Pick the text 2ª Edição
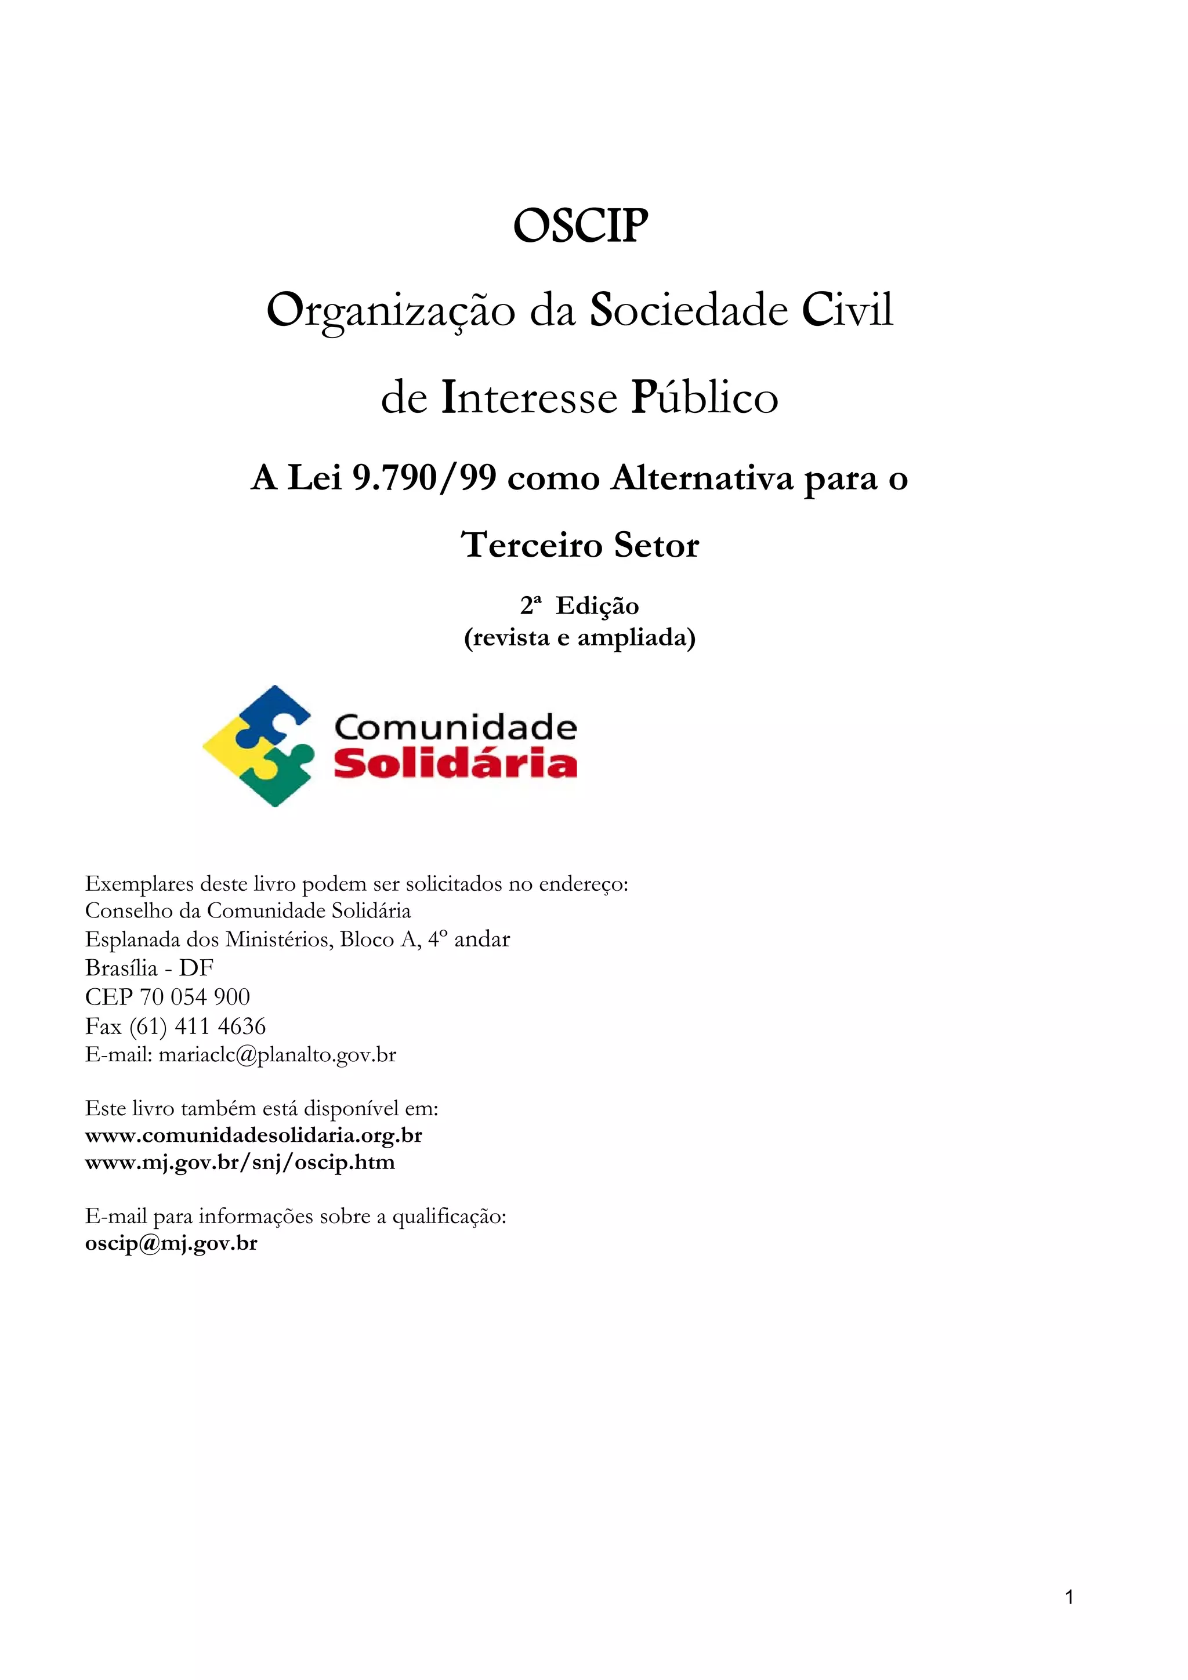pyautogui.click(x=579, y=606)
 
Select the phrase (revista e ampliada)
pyautogui.click(x=579, y=638)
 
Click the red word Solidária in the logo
pyautogui.click(x=455, y=763)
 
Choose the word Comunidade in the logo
pyautogui.click(x=455, y=727)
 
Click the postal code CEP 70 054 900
pyautogui.click(x=168, y=997)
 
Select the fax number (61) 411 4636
pyautogui.click(x=198, y=1026)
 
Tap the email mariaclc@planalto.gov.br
pyautogui.click(x=277, y=1055)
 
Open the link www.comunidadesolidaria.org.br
pyautogui.click(x=253, y=1135)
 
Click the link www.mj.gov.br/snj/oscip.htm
pyautogui.click(x=240, y=1163)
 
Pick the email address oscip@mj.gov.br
pyautogui.click(x=171, y=1243)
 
